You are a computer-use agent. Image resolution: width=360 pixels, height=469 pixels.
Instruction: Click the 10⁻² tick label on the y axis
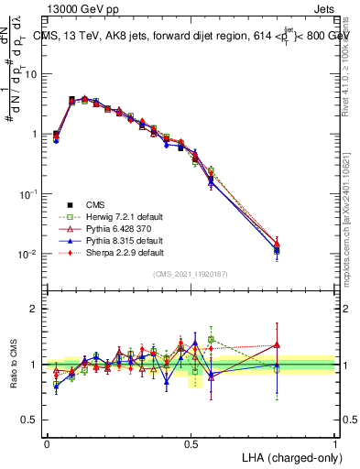(x=27, y=255)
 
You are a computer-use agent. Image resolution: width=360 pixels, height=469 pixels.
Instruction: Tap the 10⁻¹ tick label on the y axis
(x=27, y=194)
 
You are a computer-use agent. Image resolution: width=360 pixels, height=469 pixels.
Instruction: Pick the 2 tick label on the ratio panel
(x=35, y=309)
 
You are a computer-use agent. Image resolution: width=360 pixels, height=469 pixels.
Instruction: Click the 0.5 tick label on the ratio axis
(x=30, y=421)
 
